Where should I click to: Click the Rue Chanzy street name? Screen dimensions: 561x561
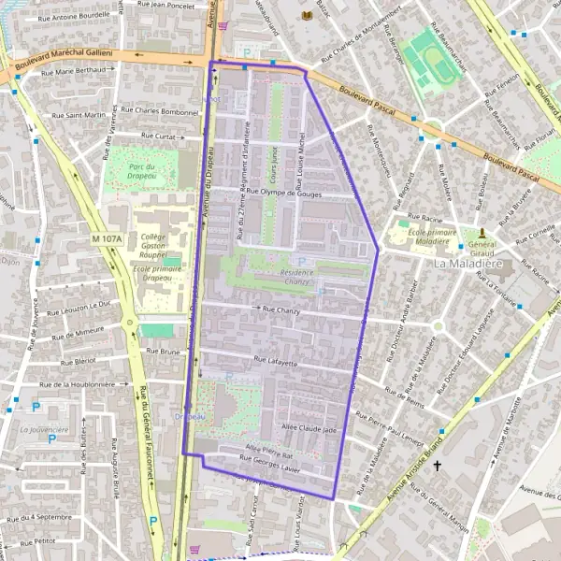pos(280,309)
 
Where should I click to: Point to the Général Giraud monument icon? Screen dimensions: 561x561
pos(482,231)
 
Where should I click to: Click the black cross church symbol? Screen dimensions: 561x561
pos(437,463)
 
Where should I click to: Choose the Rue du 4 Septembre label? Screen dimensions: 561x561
pos(37,516)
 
